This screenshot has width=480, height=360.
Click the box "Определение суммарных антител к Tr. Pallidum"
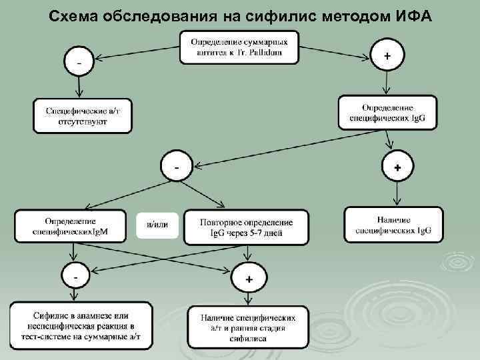pos(239,47)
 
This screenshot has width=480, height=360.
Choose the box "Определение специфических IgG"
pos(387,113)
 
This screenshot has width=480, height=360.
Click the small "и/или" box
pos(157,225)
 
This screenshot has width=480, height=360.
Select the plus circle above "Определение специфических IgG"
pos(387,57)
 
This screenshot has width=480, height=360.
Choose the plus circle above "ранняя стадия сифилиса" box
pos(248,279)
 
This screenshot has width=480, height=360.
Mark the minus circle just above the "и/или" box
pos(177,167)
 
